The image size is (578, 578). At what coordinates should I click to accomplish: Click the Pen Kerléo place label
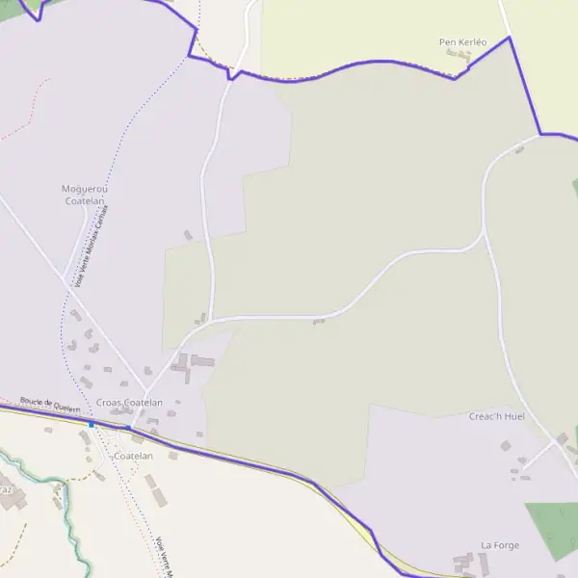pyautogui.click(x=462, y=42)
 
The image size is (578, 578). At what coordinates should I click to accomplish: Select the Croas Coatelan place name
pyautogui.click(x=129, y=403)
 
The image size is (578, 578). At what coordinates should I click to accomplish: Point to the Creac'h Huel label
pyautogui.click(x=496, y=416)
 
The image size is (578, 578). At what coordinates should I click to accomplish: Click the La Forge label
pyautogui.click(x=500, y=545)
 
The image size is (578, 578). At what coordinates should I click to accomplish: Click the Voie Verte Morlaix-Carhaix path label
pyautogui.click(x=92, y=246)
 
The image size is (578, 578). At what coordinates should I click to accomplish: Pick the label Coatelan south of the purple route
pyautogui.click(x=134, y=456)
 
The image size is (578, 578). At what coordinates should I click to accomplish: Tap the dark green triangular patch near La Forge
pyautogui.click(x=555, y=529)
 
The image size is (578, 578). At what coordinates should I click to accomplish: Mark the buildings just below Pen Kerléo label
pyautogui.click(x=459, y=57)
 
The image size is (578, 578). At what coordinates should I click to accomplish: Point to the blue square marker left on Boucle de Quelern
pyautogui.click(x=92, y=424)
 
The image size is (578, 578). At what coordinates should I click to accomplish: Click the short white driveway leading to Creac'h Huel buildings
pyautogui.click(x=538, y=457)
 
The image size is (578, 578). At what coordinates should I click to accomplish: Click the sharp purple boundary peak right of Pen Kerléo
pyautogui.click(x=509, y=38)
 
